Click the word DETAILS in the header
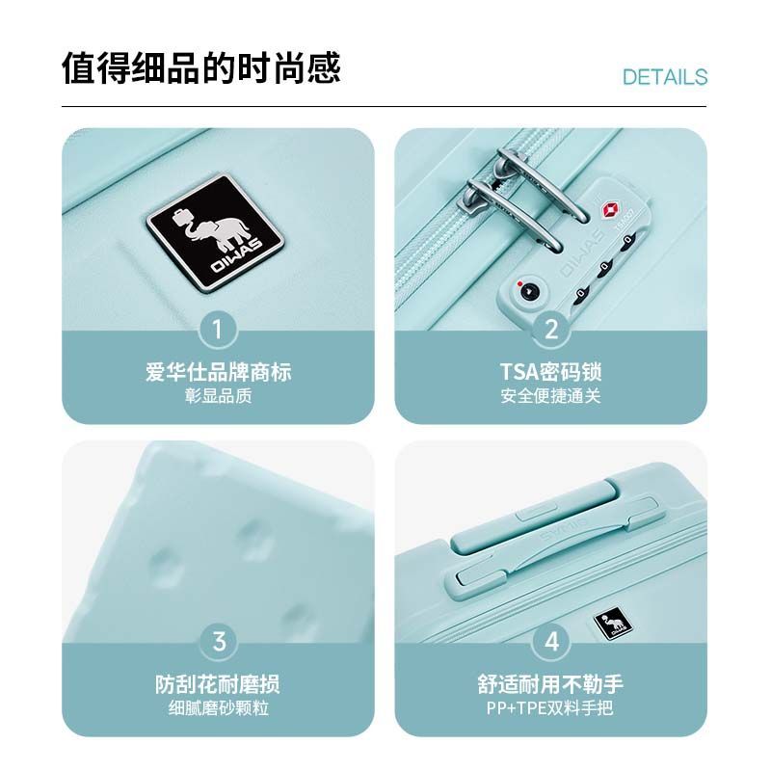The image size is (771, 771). pos(665,77)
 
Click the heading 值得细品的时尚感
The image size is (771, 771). pos(201,67)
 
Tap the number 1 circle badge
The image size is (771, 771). pos(219,330)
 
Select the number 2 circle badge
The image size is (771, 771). pos(551,330)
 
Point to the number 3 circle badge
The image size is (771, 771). pos(219,642)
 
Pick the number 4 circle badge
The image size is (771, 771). pos(551,642)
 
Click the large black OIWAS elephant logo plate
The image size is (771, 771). pos(215,233)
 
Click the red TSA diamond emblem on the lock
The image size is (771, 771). pos(611,209)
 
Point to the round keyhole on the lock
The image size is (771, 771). pos(528,292)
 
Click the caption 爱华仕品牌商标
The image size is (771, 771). pos(219,372)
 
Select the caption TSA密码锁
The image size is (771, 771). pos(550,372)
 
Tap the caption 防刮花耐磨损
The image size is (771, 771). pos(218,684)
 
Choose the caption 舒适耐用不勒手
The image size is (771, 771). pos(550,684)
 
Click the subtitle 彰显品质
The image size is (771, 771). pos(219,396)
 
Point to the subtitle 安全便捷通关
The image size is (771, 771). pos(550,396)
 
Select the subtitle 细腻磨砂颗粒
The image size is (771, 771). pos(219,708)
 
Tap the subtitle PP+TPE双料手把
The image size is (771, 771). pos(549,708)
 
